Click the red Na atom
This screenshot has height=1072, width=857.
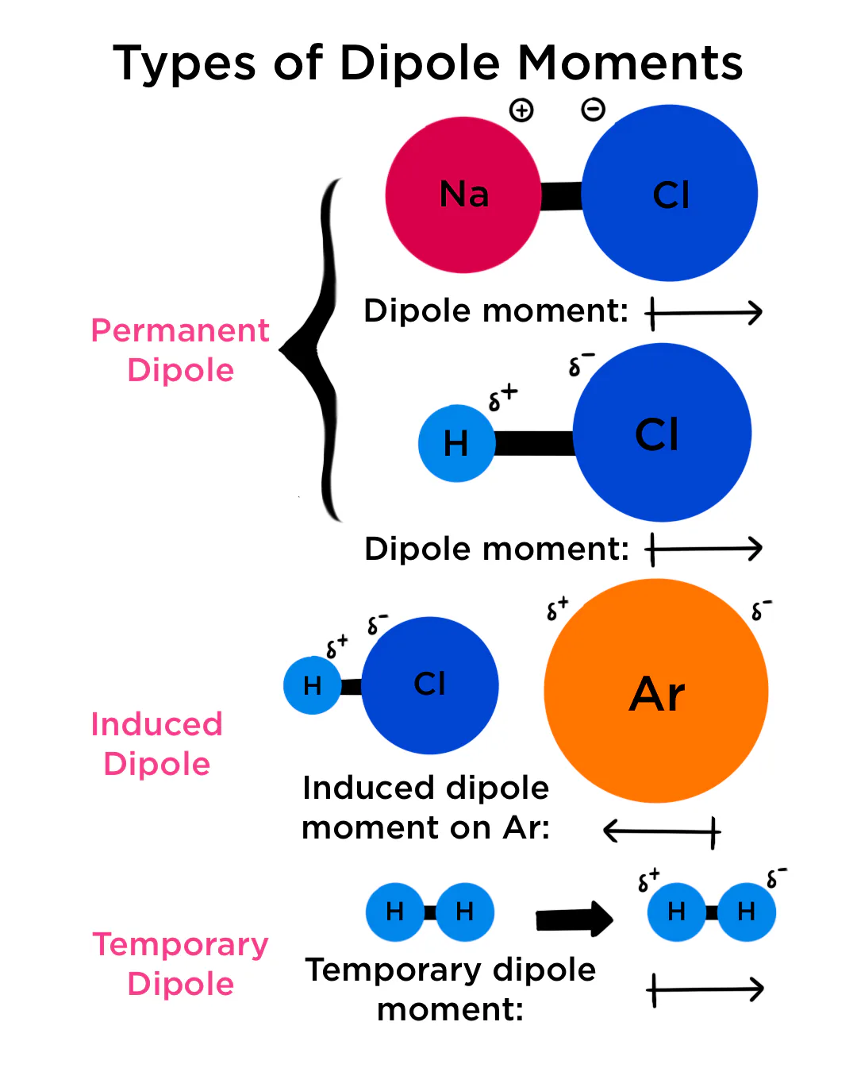pyautogui.click(x=463, y=195)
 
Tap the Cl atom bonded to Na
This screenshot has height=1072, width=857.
pyautogui.click(x=670, y=194)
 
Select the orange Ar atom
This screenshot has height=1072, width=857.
pyautogui.click(x=656, y=691)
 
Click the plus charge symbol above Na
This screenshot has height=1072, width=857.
pyautogui.click(x=521, y=110)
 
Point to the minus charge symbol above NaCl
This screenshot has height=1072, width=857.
pyautogui.click(x=593, y=110)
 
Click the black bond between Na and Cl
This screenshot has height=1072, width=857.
pyautogui.click(x=561, y=196)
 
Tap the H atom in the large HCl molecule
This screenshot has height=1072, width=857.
pyautogui.click(x=456, y=444)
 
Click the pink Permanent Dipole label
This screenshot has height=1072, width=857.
pyautogui.click(x=180, y=350)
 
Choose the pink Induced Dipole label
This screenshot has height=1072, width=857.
pyautogui.click(x=156, y=744)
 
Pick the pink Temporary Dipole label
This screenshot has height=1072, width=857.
pyautogui.click(x=180, y=964)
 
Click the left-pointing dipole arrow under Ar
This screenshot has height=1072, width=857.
pyautogui.click(x=662, y=831)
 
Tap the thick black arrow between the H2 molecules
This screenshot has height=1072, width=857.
pyautogui.click(x=574, y=920)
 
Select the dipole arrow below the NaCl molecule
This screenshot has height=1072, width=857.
pyautogui.click(x=704, y=313)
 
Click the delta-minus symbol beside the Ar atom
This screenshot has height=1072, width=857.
pyautogui.click(x=761, y=610)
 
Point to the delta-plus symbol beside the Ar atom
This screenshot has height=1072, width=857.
pyautogui.click(x=557, y=608)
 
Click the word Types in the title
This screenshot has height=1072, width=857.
pyautogui.click(x=185, y=64)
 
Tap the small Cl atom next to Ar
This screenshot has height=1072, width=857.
pyautogui.click(x=430, y=685)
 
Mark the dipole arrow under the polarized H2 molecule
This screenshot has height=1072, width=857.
pyautogui.click(x=705, y=989)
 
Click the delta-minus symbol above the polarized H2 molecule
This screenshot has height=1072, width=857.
pyautogui.click(x=775, y=877)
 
